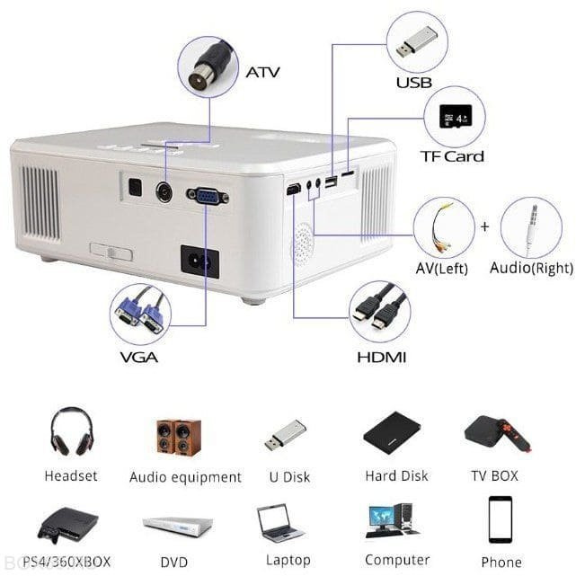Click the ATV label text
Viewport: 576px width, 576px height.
[262, 71]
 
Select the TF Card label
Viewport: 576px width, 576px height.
[452, 156]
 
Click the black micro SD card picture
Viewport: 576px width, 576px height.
[452, 117]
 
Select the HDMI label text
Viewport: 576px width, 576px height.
[382, 358]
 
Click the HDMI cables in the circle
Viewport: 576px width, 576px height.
[380, 311]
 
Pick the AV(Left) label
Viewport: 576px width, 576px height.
[442, 269]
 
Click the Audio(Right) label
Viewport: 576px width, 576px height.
[531, 269]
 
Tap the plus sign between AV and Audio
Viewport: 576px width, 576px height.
[484, 226]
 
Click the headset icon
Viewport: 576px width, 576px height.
[71, 433]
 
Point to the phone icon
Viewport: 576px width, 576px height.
[500, 519]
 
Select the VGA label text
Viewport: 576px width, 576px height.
[139, 358]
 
